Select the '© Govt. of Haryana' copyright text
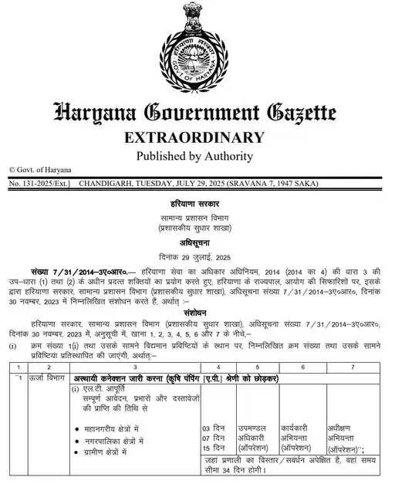39,170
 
